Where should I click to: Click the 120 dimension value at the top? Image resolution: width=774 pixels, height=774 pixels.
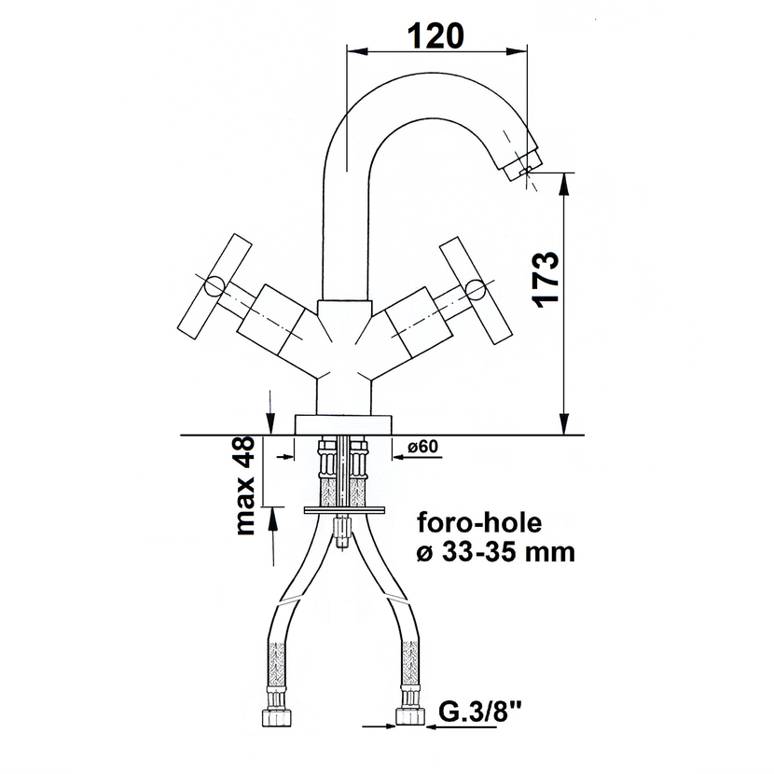(435, 35)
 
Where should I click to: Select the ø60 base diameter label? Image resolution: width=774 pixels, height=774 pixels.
(423, 447)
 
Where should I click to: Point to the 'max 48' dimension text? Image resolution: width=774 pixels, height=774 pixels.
(245, 486)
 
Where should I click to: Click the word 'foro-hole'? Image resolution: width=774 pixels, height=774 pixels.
(479, 522)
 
